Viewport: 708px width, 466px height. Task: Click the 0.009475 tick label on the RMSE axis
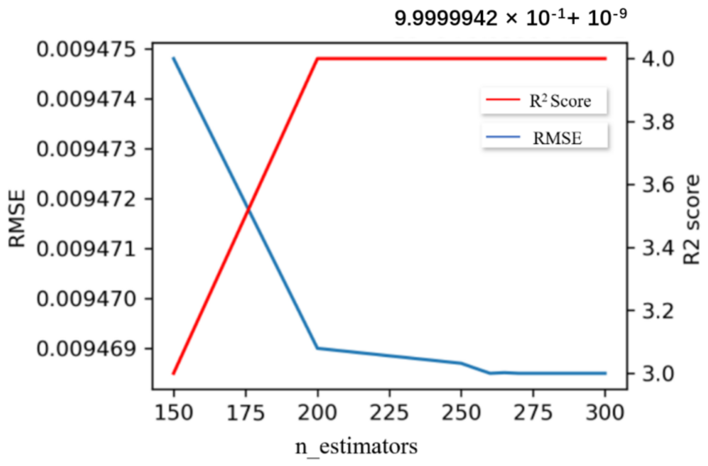86,50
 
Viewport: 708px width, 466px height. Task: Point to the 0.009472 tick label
86,199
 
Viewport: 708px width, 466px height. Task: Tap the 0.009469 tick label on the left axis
86,349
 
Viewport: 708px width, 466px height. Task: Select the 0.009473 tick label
86,149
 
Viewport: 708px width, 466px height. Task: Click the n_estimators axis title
356,447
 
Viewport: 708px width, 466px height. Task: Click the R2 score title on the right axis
691,220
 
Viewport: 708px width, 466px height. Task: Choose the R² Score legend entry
544,101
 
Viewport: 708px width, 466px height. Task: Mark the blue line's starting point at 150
173,58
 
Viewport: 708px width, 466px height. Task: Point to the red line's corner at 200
317,58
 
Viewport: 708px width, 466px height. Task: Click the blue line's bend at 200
317,348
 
